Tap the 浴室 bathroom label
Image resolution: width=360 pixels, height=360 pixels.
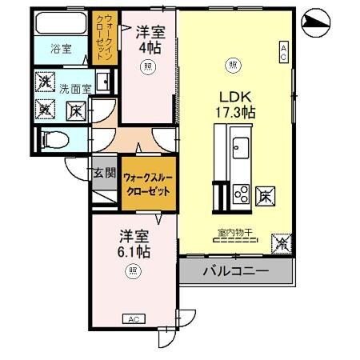pyautogui.click(x=62, y=49)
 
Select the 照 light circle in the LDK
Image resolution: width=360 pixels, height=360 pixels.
pyautogui.click(x=233, y=65)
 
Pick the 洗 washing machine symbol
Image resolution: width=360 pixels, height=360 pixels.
pyautogui.click(x=46, y=81)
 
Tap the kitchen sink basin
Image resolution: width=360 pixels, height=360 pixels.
pyautogui.click(x=241, y=146)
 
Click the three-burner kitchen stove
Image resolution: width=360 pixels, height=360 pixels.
pyautogui.click(x=241, y=192)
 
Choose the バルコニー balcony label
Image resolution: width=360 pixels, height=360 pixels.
pyautogui.click(x=235, y=270)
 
